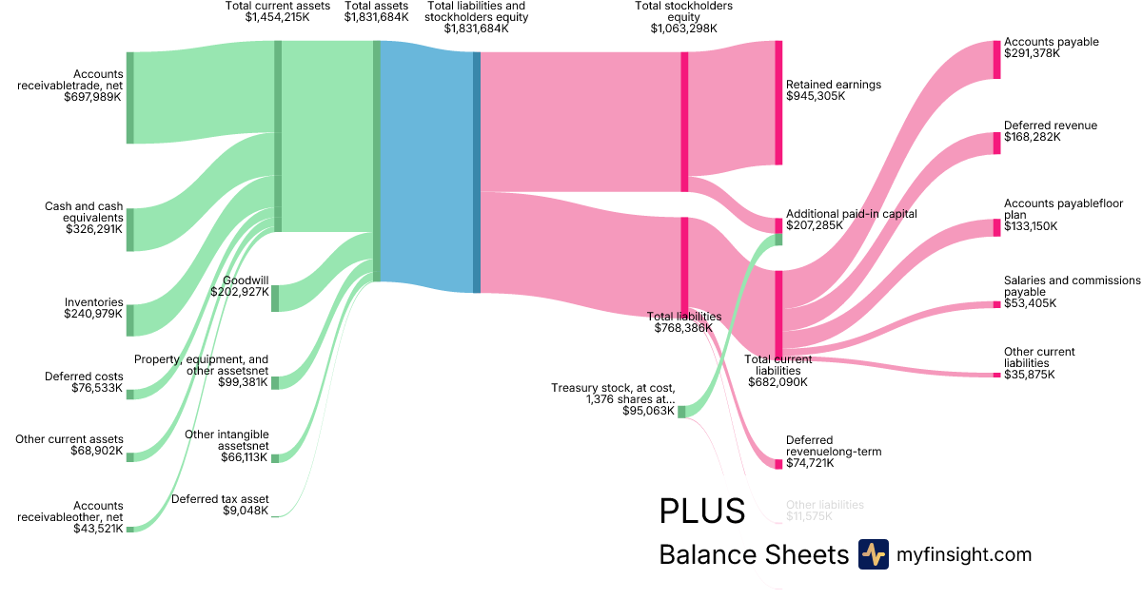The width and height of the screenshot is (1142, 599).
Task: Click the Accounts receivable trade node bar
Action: pos(130,98)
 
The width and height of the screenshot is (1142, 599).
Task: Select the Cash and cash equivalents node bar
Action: pos(130,229)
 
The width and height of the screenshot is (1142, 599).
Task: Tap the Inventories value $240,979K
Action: pos(93,314)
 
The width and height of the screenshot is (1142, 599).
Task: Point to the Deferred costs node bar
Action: pos(130,394)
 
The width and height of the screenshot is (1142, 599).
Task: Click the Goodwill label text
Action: pos(245,280)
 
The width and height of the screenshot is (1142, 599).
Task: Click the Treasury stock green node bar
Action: pos(681,412)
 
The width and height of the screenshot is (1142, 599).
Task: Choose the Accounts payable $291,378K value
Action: pos(1032,53)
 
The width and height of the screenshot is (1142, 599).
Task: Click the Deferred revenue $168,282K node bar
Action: pos(996,143)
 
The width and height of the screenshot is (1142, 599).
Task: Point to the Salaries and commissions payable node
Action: pos(996,304)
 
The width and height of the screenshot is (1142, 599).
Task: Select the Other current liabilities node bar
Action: pos(996,375)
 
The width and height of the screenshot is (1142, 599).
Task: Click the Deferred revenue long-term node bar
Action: pos(778,464)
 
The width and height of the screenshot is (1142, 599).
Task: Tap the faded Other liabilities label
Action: pos(824,505)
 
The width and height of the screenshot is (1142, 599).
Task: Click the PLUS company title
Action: pos(701,512)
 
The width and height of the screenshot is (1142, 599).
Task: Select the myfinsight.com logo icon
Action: pos(873,554)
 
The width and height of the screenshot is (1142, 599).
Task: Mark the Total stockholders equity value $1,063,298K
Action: pos(683,29)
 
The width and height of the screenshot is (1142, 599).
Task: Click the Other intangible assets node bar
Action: pos(275,458)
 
